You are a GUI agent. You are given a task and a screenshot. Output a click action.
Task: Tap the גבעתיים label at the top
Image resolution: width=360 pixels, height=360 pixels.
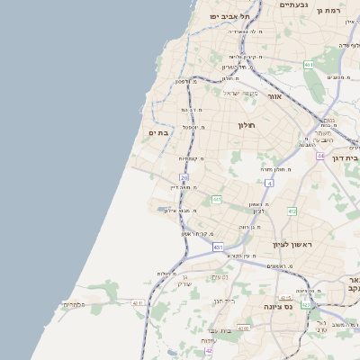click(294, 5)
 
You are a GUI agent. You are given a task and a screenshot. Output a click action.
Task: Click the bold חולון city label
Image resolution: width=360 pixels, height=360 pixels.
click(247, 125)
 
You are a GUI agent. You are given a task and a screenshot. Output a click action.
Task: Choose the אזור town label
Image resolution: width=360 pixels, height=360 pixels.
click(275, 95)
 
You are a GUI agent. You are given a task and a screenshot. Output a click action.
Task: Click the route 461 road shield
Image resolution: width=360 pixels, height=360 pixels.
click(309, 65)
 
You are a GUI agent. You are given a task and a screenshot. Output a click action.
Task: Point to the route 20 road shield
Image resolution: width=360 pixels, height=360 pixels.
click(184, 178)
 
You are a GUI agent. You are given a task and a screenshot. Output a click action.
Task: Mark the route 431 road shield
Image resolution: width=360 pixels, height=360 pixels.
click(218, 246)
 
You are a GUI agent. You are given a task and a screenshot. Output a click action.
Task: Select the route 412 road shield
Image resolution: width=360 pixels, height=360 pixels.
click(292, 211)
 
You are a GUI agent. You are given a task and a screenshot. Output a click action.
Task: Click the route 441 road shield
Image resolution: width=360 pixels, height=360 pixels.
click(217, 199)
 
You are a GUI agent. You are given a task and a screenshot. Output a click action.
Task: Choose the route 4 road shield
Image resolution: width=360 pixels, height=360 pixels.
click(268, 183)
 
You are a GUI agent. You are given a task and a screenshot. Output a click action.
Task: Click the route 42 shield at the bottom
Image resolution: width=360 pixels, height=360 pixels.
click(210, 350)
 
